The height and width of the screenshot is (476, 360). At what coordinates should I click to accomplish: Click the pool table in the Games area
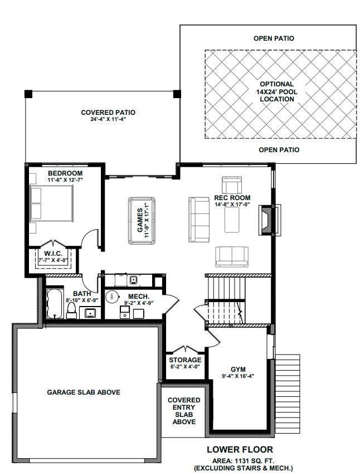pos(142,221)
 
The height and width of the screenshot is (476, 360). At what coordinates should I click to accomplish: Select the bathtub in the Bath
pos(55,304)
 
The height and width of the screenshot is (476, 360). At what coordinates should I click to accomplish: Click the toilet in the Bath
pos(72,310)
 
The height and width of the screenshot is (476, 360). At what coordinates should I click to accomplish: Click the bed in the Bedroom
pos(52,203)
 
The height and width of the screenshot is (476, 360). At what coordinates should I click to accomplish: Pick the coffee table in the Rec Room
pos(232,220)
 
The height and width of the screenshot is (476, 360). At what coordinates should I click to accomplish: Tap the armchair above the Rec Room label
pos(232,185)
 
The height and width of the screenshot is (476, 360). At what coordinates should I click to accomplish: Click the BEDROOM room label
pos(65,173)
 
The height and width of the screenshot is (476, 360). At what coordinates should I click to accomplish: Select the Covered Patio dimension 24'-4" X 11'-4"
pos(108,119)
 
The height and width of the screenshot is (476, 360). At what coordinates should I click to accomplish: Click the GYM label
pos(239,370)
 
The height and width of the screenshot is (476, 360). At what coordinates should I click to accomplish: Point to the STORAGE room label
pos(185,360)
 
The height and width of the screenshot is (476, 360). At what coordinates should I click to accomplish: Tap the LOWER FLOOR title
pos(240,450)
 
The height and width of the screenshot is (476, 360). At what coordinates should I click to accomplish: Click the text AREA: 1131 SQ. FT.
pos(243,461)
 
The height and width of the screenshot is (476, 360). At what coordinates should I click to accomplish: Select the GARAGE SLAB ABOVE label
pos(84,392)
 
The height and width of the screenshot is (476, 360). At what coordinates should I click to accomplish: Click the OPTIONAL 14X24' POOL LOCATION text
pos(277,91)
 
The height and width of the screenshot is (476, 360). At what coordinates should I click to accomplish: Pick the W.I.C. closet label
pos(53,254)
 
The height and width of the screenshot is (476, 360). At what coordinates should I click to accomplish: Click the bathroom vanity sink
pos(90,313)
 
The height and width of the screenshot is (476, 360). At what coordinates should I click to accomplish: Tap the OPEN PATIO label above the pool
pos(274,38)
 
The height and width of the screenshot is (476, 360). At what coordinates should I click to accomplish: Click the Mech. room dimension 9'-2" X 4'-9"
pos(138,303)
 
